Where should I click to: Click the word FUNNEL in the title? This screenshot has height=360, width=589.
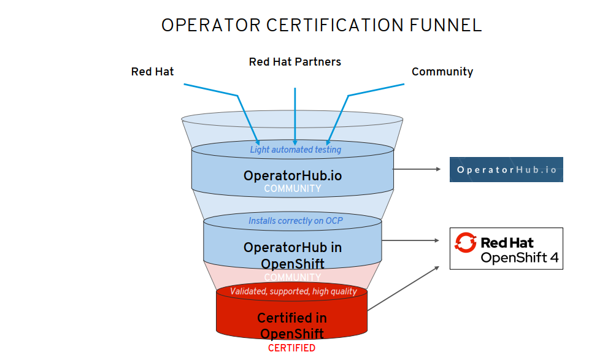[444, 25]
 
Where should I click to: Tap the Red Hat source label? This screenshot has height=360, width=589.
[152, 72]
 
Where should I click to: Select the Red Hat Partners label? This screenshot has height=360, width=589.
[294, 62]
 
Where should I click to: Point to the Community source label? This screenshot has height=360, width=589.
[442, 72]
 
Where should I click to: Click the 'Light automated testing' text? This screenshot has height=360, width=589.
[295, 150]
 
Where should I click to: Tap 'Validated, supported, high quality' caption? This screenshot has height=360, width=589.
[293, 291]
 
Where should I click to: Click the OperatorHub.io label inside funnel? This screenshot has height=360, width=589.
[292, 175]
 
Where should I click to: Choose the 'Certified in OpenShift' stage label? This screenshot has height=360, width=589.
[292, 326]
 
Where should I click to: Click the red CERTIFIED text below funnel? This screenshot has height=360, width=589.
[291, 348]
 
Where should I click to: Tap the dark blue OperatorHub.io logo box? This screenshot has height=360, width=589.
[506, 170]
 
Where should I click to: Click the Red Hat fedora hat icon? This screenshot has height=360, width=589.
[465, 243]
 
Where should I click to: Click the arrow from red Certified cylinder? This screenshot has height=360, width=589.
[405, 288]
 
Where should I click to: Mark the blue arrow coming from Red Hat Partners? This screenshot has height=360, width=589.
[295, 117]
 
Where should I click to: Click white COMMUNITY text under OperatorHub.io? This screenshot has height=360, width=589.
[292, 189]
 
